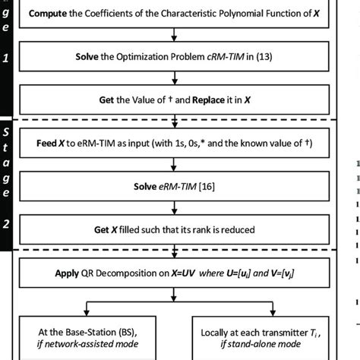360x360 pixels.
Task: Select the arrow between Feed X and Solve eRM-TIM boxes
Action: click(x=175, y=163)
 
